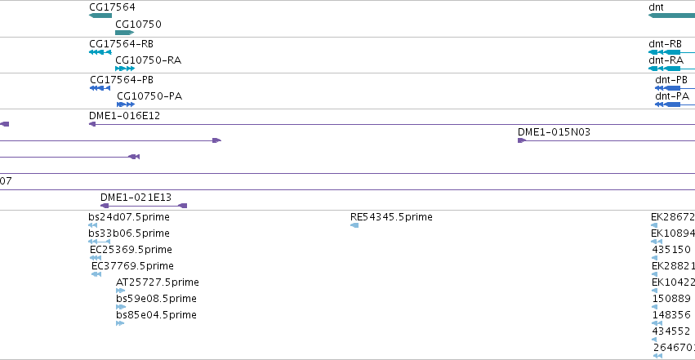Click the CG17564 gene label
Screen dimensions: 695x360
[x=112, y=7]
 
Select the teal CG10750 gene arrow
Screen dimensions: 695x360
[x=125, y=33]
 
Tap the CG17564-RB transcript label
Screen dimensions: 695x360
[x=122, y=44]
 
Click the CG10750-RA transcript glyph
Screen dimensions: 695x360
[x=125, y=69]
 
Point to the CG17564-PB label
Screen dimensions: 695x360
[x=122, y=80]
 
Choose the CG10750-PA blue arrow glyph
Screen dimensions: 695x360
[x=126, y=104]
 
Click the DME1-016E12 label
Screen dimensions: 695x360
[x=125, y=116]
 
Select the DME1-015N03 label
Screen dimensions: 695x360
[x=554, y=132]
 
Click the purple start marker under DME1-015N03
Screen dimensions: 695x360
[x=522, y=140]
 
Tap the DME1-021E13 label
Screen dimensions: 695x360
[x=136, y=197]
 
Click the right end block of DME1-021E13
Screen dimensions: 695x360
[x=183, y=206]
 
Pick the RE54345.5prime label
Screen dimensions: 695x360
[x=391, y=217]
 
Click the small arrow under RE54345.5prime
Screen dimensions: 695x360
[x=354, y=225]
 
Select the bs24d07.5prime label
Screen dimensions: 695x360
[x=129, y=217]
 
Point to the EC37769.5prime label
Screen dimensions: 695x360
[x=132, y=266]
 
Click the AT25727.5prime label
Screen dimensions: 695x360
[x=158, y=282]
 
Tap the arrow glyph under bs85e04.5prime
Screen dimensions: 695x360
[x=120, y=323]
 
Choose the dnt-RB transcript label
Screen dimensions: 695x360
[x=666, y=44]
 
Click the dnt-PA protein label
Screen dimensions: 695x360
[x=672, y=96]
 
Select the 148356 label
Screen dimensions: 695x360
[x=671, y=315]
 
